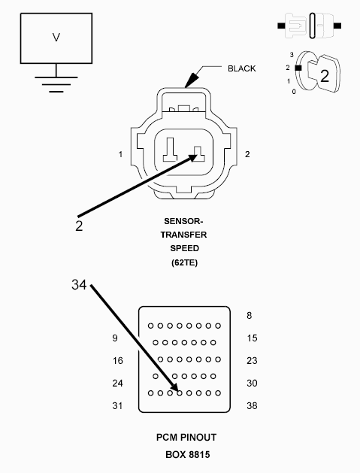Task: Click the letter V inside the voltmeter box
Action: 56,37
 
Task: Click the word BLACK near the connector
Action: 241,68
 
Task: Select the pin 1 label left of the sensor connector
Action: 120,154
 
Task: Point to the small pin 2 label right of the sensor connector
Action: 247,154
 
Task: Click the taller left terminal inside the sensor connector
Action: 171,150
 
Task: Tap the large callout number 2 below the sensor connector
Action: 79,226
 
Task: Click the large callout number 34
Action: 79,284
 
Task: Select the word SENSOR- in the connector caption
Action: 183,221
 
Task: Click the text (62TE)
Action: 184,262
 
